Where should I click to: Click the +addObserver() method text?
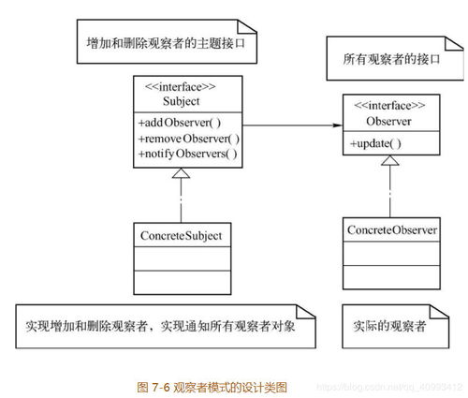click(180, 123)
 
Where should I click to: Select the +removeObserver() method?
click(189, 139)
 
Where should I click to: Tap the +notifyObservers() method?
click(187, 154)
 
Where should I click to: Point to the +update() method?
click(375, 143)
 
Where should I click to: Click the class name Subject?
click(181, 101)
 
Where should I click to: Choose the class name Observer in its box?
click(388, 121)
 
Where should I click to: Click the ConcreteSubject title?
click(181, 236)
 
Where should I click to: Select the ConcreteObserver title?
click(392, 230)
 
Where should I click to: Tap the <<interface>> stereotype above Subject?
click(181, 86)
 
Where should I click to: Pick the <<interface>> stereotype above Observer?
click(389, 106)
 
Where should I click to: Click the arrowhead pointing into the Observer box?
click(338, 125)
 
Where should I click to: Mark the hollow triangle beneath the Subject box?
click(181, 173)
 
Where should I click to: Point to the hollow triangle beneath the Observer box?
click(390, 160)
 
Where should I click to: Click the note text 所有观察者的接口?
click(391, 59)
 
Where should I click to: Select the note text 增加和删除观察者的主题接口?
click(166, 43)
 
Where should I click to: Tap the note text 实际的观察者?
click(389, 326)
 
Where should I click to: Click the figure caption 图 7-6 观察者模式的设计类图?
click(212, 388)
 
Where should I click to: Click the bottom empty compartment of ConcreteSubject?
click(183, 283)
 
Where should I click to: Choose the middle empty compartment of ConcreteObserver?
click(391, 254)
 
